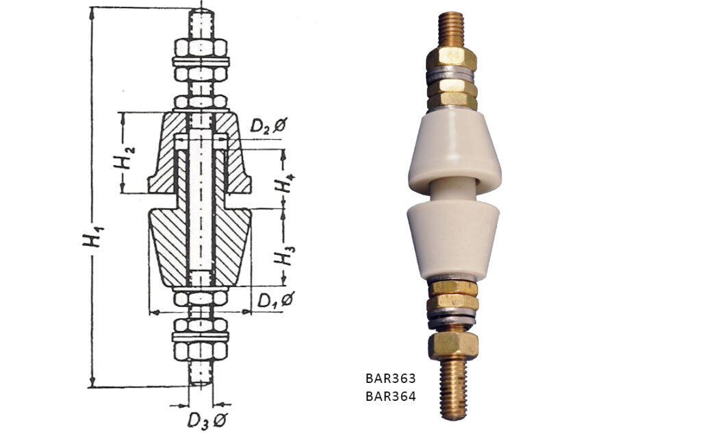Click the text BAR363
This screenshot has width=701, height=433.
391,378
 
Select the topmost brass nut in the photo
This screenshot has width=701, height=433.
451,59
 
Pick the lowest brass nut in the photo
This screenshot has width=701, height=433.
453,345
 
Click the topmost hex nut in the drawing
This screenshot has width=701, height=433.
201,47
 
